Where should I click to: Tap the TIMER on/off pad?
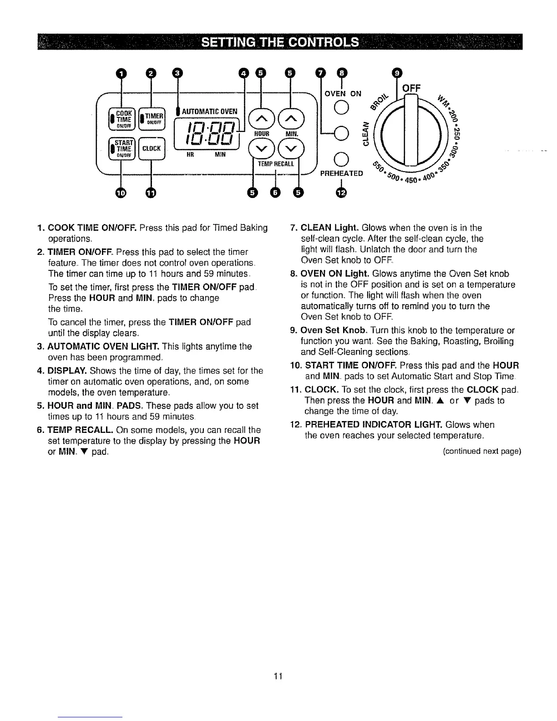tap(153, 117)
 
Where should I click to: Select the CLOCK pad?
tap(153, 148)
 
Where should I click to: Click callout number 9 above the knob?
tap(397, 72)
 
